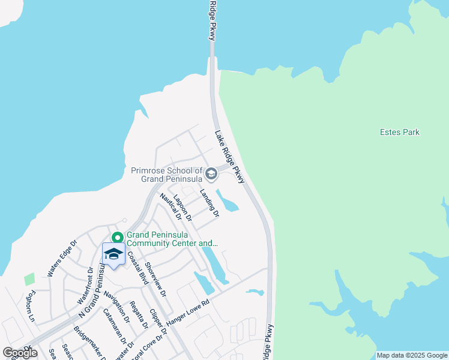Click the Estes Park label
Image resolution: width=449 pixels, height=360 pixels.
pos(400,132)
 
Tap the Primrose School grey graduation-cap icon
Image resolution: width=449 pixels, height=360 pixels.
pos(211,174)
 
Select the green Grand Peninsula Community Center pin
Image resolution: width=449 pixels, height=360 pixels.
pos(118,238)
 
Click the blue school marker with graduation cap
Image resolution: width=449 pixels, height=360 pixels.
pos(113,254)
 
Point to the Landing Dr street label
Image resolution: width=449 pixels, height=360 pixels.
pos(209,203)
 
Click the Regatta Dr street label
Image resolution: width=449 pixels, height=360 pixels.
pos(139,315)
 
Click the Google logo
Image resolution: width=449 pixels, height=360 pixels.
pos(20,353)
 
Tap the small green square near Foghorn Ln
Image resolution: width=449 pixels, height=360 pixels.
pos(29,279)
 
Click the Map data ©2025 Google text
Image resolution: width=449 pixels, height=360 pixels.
pos(412,355)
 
